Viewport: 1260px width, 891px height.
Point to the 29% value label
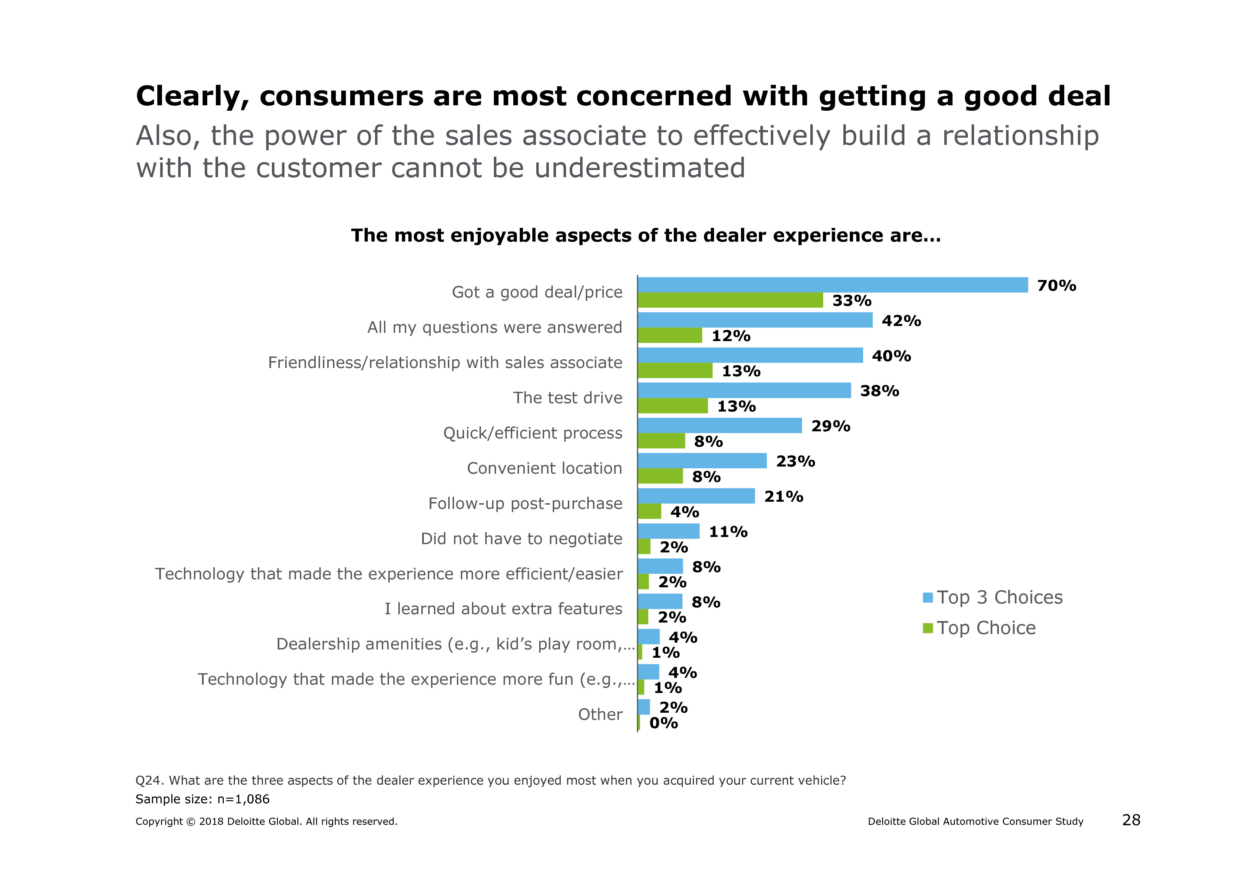click(x=830, y=426)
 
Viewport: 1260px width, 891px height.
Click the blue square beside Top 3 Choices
click(x=927, y=597)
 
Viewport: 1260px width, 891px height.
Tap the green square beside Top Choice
click(x=927, y=628)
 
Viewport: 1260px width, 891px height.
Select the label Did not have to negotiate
click(x=521, y=538)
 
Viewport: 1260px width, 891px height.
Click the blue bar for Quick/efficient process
click(x=719, y=426)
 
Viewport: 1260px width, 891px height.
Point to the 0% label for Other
click(x=663, y=723)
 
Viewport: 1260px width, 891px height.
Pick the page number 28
click(x=1131, y=820)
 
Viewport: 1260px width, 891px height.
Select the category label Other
click(x=600, y=714)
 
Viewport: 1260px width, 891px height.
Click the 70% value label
click(x=1056, y=285)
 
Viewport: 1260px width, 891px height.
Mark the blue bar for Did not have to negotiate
click(x=668, y=531)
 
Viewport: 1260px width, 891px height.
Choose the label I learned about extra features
click(x=503, y=609)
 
